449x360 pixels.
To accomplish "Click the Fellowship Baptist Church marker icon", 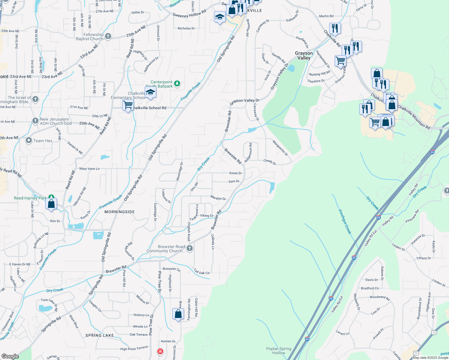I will tap(108, 36).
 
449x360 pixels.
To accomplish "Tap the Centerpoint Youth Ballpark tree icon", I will tap(177, 83).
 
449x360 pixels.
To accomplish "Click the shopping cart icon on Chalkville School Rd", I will tap(128, 105).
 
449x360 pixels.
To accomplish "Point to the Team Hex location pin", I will tap(29, 140).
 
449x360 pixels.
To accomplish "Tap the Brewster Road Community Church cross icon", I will tap(189, 248).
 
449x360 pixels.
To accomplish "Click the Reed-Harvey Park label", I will tap(30, 198).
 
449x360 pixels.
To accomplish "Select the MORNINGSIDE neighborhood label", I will tap(119, 212).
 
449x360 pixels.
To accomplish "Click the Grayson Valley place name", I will tap(304, 55).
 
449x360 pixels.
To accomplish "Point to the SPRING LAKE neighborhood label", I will tap(100, 335).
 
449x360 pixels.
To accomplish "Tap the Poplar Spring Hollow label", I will tap(279, 351).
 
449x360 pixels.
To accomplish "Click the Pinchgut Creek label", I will tap(345, 222).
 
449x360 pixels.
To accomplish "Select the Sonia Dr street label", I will tap(235, 173).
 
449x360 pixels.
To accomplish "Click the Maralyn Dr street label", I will tap(218, 198).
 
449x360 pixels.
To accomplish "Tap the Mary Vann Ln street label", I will tap(89, 169).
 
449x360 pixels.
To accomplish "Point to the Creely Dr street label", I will tap(270, 162).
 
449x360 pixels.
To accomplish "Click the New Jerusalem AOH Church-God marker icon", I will tap(35, 121).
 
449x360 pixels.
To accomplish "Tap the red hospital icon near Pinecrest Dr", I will tap(160, 351).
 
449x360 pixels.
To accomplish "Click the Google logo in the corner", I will tap(10, 356).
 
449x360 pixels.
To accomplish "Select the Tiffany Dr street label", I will tap(423, 258).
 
